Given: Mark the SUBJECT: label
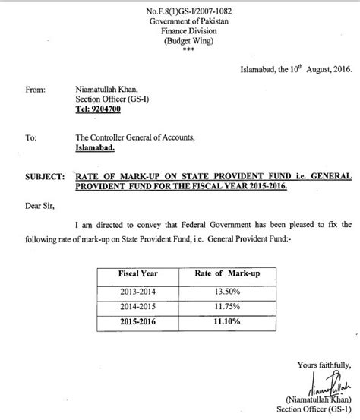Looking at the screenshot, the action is coord(45,176).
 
